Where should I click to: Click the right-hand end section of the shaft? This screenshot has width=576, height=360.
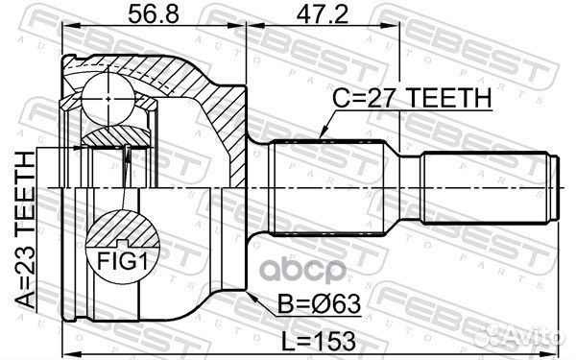tap(490, 188)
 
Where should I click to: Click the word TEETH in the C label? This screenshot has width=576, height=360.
tap(451, 100)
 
